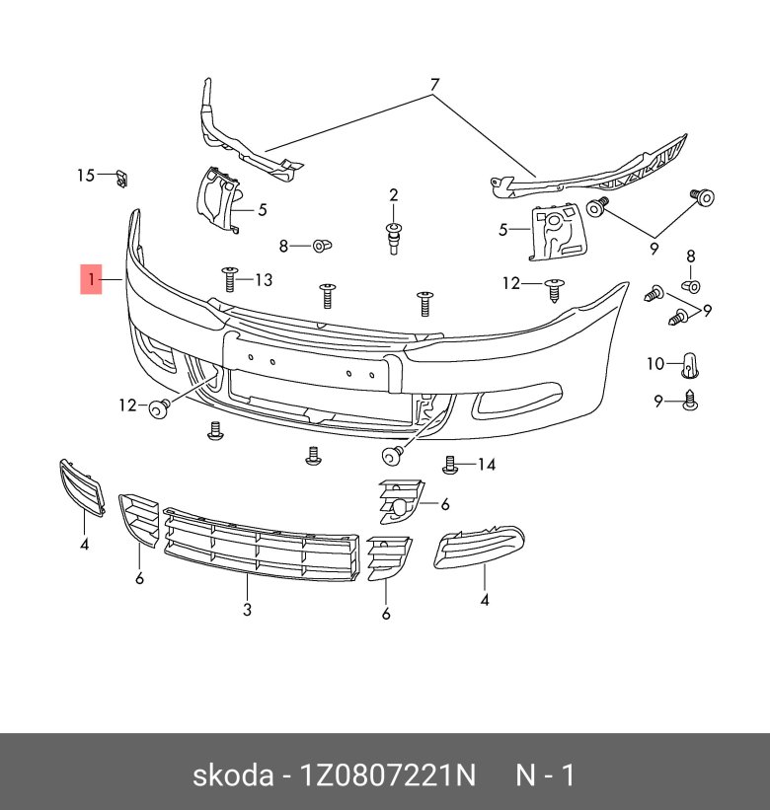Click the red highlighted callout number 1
click(x=91, y=279)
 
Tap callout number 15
click(x=86, y=176)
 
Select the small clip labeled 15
click(x=121, y=179)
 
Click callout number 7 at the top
click(x=434, y=84)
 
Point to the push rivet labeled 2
click(x=394, y=238)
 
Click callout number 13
click(x=264, y=280)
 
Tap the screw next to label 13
click(x=229, y=279)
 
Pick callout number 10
click(x=655, y=364)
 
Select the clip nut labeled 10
click(x=690, y=366)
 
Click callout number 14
click(x=487, y=465)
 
